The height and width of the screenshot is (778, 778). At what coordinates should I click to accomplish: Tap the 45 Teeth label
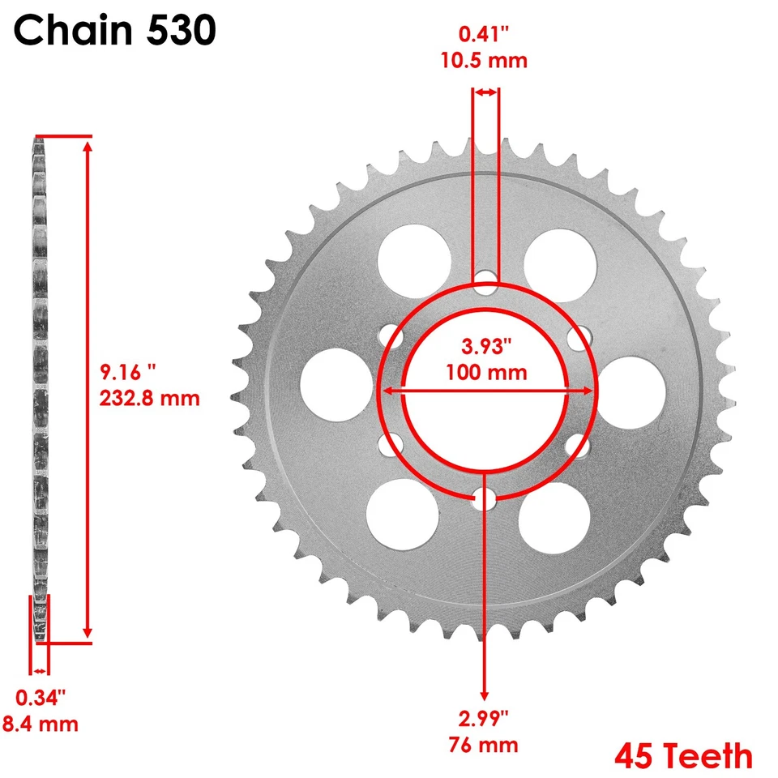coord(683,755)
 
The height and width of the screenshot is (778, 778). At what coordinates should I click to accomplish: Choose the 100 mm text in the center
coord(486,373)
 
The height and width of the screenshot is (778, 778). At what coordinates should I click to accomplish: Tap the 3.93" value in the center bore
coord(486,346)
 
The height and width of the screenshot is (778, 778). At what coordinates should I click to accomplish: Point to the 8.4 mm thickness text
coord(48,723)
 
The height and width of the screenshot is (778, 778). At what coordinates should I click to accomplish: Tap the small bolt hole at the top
coord(486,280)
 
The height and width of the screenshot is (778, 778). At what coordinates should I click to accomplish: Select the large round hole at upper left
coord(414,260)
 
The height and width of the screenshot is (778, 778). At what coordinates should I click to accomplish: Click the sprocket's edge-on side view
coord(39,389)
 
